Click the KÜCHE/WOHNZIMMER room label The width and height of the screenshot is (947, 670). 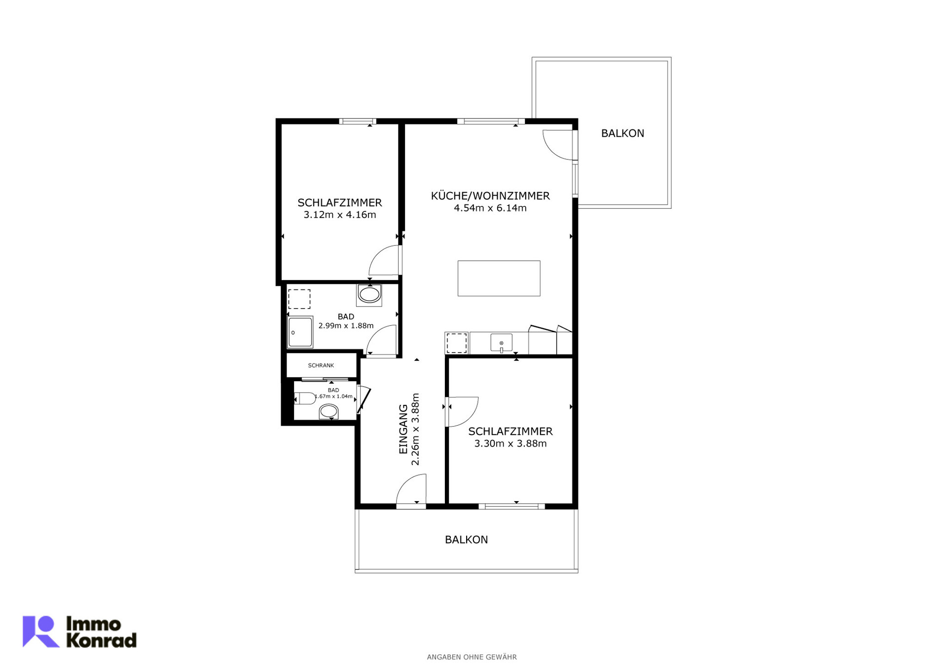click(490, 196)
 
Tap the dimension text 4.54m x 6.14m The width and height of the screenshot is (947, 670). click(490, 208)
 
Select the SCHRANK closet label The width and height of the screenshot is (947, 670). click(321, 365)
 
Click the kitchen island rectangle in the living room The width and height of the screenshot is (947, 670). click(499, 278)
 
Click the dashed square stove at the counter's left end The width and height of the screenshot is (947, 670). click(456, 343)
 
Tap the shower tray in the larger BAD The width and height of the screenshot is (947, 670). click(300, 332)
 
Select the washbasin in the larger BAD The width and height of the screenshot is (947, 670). click(369, 295)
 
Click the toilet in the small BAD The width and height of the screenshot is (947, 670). click(305, 398)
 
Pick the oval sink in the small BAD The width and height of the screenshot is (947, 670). click(328, 411)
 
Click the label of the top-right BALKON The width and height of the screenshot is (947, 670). click(622, 133)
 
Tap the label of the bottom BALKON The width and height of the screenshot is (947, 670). click(466, 540)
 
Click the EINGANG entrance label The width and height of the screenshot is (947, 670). click(403, 429)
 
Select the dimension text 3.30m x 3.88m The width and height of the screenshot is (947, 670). click(510, 443)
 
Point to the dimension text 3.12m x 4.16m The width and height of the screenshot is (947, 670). click(340, 215)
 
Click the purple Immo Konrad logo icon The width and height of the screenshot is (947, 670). click(41, 631)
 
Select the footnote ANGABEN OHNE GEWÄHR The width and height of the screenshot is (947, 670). click(472, 657)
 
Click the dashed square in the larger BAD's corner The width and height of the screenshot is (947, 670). click(299, 299)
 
